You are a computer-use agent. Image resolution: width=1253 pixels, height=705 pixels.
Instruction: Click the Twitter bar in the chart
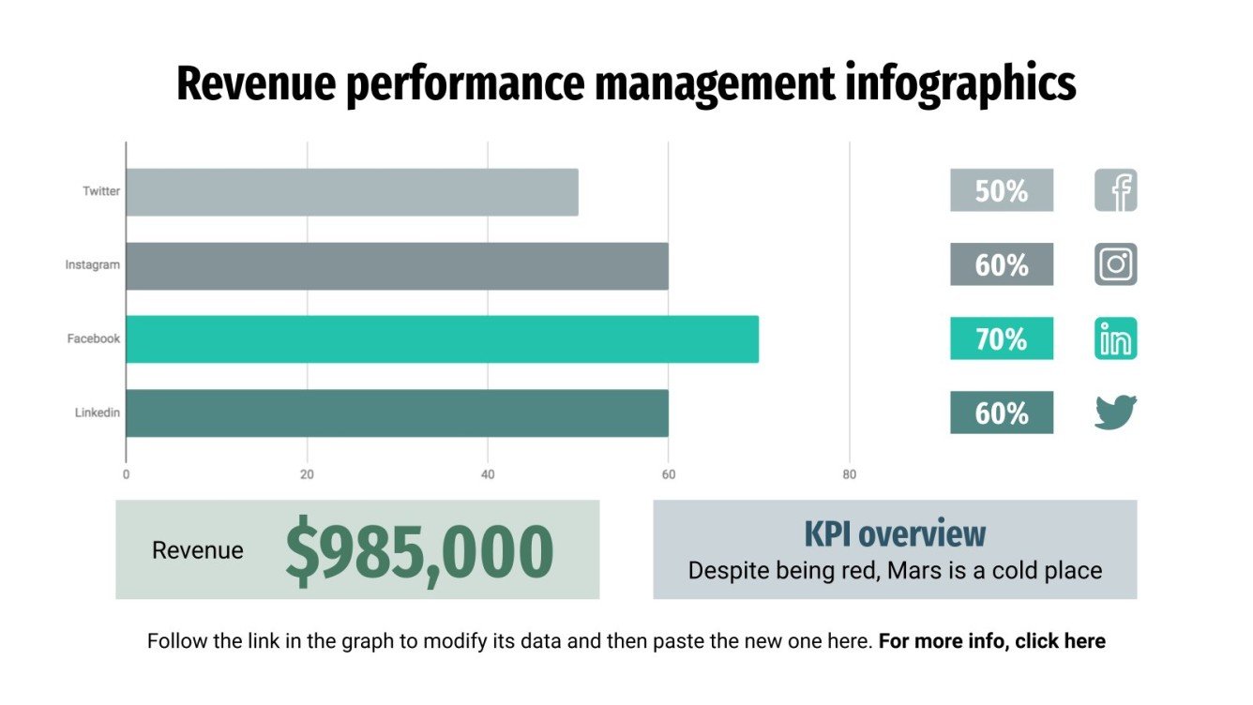tap(352, 192)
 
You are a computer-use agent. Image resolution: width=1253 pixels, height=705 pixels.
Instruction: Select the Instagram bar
tap(397, 266)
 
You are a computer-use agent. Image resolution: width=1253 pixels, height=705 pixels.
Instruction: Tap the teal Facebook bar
tap(442, 339)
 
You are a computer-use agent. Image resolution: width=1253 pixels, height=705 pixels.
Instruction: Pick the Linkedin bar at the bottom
tap(397, 413)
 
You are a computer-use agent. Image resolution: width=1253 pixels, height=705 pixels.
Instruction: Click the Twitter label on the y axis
tap(101, 191)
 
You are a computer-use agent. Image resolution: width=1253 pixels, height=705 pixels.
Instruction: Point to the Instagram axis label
tap(92, 265)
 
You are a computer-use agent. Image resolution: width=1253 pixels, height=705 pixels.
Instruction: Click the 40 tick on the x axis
tap(488, 475)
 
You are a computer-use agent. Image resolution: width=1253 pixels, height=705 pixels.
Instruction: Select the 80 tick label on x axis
tap(849, 475)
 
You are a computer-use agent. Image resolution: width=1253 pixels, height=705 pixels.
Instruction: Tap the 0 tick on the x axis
tap(126, 475)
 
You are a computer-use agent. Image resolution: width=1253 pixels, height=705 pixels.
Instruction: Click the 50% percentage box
tap(1001, 191)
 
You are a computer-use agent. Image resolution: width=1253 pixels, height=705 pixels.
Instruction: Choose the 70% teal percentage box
tap(1001, 339)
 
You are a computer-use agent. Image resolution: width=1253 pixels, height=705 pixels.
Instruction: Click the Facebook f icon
tap(1115, 190)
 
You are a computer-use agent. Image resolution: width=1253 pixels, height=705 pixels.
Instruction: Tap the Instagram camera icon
tap(1115, 264)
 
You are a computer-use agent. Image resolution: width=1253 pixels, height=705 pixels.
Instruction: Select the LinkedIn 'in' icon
tap(1115, 338)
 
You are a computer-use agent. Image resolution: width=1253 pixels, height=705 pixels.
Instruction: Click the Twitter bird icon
tap(1115, 412)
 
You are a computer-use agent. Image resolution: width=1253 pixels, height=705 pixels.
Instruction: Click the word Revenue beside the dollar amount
tap(197, 551)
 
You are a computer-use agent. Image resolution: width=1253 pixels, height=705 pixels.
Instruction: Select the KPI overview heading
tap(895, 533)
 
